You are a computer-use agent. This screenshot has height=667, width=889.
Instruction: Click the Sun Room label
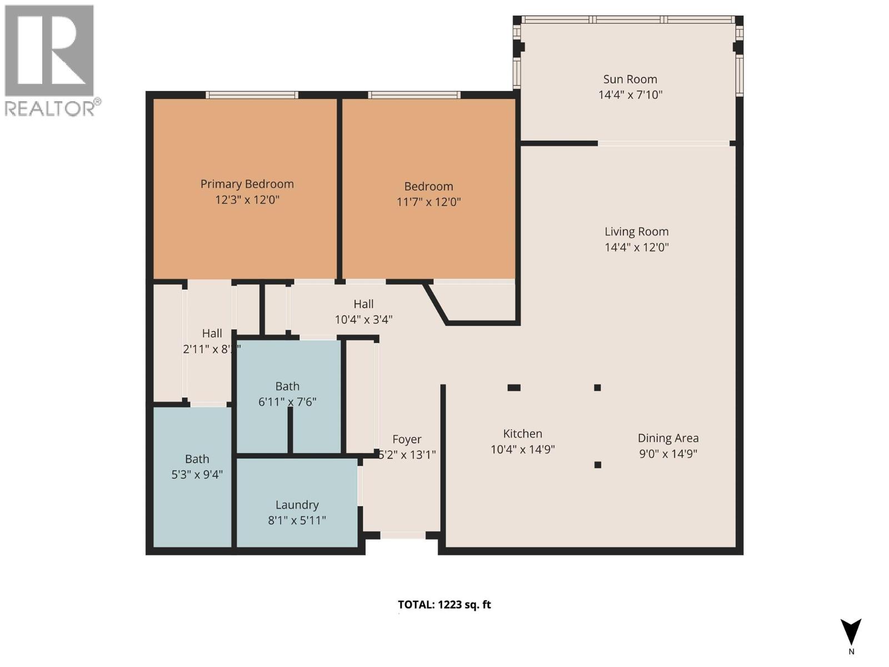click(x=630, y=79)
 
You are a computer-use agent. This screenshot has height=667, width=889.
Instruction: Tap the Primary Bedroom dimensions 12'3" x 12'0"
click(x=247, y=200)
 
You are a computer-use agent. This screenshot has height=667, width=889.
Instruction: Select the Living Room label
click(x=636, y=232)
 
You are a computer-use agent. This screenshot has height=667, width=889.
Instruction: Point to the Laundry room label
click(x=297, y=505)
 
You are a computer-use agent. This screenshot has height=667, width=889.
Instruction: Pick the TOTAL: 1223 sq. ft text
click(x=444, y=605)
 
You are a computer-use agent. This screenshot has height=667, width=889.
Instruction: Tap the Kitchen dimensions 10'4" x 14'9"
click(x=522, y=449)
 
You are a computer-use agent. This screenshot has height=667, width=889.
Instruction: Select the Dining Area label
click(x=668, y=438)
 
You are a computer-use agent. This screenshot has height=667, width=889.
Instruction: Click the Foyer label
click(x=407, y=440)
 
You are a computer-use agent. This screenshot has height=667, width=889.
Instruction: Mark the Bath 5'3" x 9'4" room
click(x=192, y=478)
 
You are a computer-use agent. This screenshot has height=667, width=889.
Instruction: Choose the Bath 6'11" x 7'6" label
click(x=287, y=386)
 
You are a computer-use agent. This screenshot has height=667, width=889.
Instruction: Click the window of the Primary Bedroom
click(x=252, y=95)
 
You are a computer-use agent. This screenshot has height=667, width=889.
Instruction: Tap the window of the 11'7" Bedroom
click(x=414, y=95)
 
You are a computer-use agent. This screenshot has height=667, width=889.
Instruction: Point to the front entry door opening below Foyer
click(x=403, y=535)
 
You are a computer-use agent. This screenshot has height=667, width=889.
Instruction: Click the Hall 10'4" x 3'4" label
click(x=363, y=304)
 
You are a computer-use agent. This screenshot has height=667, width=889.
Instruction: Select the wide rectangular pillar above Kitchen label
click(x=514, y=387)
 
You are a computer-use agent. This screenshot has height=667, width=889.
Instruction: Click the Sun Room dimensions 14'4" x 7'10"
click(x=630, y=95)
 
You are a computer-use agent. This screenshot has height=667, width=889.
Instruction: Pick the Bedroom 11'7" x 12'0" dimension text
click(x=428, y=202)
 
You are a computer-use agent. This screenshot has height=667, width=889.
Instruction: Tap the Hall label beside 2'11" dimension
click(x=212, y=333)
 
